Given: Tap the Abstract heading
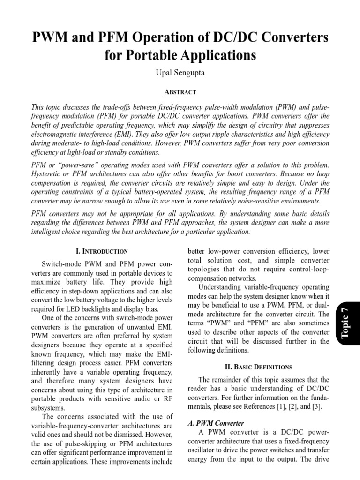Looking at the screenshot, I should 180,92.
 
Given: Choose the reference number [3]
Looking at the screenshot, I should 315,407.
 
